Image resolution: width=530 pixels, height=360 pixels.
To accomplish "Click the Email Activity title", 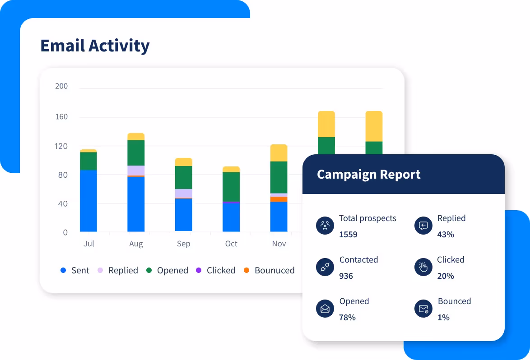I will [x=95, y=46].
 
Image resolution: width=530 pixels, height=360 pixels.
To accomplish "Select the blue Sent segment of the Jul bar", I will [x=88, y=201].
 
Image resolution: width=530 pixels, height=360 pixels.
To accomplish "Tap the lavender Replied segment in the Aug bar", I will [x=136, y=170].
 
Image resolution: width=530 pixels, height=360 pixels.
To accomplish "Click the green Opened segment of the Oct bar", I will [x=231, y=186].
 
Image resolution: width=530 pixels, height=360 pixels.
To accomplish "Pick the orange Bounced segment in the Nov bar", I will [x=279, y=199].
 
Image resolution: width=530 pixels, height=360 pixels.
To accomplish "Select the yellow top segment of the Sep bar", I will [x=183, y=162].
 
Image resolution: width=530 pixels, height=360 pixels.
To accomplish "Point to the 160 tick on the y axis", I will [x=61, y=117].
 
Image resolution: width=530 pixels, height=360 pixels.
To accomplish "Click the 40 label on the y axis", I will [x=63, y=203].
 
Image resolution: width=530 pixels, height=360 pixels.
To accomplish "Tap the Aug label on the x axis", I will [x=136, y=244].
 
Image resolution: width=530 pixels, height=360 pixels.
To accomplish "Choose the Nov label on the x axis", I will [x=279, y=244].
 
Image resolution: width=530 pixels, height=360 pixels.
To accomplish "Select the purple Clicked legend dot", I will [x=198, y=271].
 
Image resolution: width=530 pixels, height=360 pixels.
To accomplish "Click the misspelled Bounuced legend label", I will [x=274, y=271].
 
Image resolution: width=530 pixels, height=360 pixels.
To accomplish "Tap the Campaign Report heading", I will [x=368, y=175].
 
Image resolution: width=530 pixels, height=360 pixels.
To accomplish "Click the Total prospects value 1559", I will [x=348, y=235].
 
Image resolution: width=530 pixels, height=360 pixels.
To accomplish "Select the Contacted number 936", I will [x=346, y=276].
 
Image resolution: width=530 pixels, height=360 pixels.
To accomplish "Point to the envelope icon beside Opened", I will [x=325, y=309].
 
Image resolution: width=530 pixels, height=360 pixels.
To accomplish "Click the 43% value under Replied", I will [x=446, y=235].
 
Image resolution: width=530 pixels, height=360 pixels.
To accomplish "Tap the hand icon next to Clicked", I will [x=423, y=268].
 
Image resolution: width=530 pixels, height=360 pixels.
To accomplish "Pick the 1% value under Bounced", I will [x=443, y=318].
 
